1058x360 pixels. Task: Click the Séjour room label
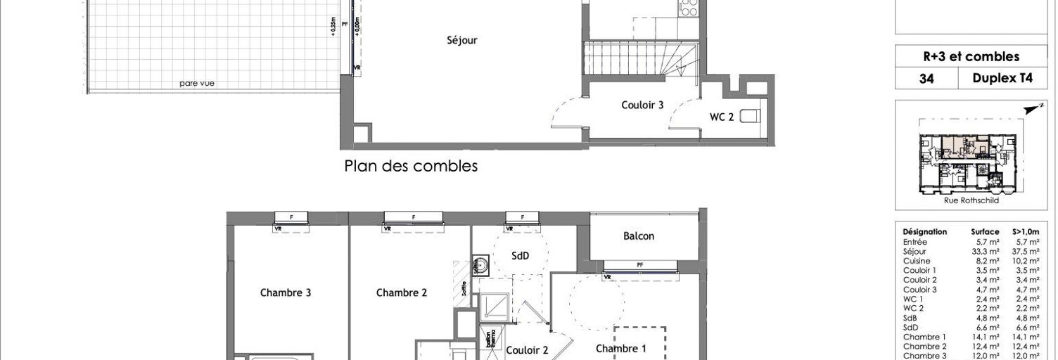click(462, 41)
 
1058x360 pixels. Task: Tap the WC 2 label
click(720, 117)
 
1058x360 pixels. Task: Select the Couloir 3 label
click(642, 105)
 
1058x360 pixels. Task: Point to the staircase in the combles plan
click(641, 59)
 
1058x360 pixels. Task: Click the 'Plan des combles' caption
click(411, 167)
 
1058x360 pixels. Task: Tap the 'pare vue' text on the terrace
click(196, 84)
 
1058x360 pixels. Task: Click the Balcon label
click(638, 236)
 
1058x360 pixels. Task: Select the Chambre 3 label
click(286, 292)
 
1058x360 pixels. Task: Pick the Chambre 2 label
click(402, 292)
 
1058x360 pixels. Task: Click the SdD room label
click(520, 256)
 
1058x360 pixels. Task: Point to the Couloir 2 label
click(527, 350)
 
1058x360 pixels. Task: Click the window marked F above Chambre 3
click(291, 217)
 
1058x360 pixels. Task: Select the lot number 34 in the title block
click(926, 79)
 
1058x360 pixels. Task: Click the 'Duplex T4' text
click(1002, 79)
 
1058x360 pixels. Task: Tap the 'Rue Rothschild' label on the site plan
click(971, 200)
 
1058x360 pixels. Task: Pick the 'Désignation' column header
click(924, 231)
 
